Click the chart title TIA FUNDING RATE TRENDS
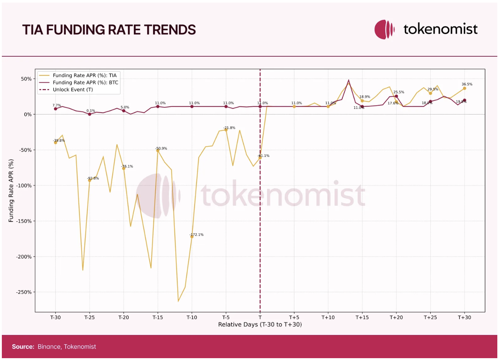pos(109,30)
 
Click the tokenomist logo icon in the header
pos(384,29)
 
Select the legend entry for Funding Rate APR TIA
pos(85,75)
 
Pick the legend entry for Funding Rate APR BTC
pos(85,82)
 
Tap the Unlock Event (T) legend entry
pos(73,89)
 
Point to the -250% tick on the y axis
pos(24,292)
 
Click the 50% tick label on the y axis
pos(26,79)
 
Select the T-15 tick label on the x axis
pos(157,317)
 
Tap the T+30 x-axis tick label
pos(464,317)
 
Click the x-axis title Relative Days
pos(260,325)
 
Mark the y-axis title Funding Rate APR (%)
pos(11,191)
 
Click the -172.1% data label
pos(197,234)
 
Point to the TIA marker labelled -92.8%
pos(89,180)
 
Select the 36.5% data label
pos(467,84)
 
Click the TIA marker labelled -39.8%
pos(56,143)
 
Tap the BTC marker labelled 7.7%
pos(56,109)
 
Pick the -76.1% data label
pos(127,166)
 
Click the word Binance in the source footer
pos(49,347)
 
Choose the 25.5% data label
pos(399,92)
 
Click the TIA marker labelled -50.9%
pos(158,151)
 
